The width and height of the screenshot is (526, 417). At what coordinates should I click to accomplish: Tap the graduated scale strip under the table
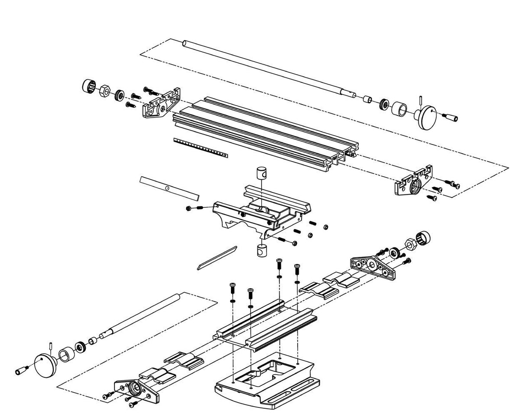(200, 147)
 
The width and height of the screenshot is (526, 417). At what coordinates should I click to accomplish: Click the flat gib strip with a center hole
(169, 188)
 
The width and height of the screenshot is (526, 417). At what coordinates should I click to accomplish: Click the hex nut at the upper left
(104, 91)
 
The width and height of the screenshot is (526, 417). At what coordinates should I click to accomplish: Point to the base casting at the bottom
(269, 382)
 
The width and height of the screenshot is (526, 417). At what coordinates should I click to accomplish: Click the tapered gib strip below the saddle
(217, 258)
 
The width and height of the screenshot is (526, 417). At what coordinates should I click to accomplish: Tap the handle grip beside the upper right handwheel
(451, 117)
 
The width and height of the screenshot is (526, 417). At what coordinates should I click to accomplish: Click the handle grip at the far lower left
(21, 371)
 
